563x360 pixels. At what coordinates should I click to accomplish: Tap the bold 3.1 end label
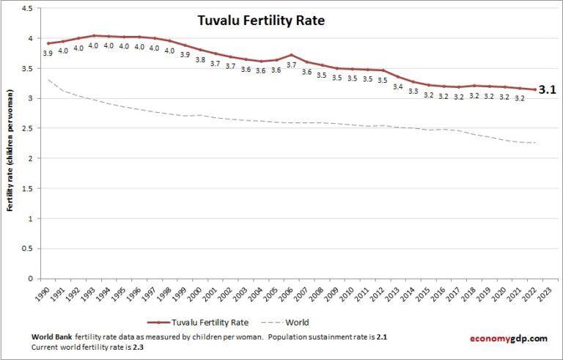point(547,90)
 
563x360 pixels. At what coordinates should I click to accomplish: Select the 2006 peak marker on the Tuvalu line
point(292,55)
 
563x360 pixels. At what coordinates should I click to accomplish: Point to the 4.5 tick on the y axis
point(27,8)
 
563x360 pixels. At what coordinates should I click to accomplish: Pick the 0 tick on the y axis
point(31,279)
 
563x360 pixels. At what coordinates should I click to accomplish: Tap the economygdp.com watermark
point(508,338)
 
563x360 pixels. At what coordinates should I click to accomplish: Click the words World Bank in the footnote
point(52,337)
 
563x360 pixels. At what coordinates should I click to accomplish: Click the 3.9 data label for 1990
point(48,53)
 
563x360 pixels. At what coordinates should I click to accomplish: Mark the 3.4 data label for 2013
point(398,87)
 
